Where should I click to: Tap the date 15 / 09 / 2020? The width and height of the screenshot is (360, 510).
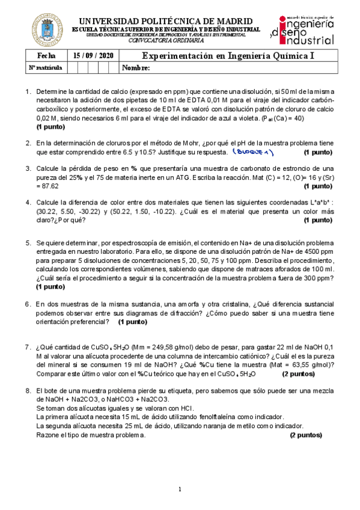tap(93, 56)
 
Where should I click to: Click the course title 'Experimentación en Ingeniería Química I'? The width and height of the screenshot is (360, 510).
tap(228, 56)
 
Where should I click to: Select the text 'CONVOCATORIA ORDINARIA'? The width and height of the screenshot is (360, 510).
tap(166, 41)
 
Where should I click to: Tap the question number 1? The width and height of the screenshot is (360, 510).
tap(28, 92)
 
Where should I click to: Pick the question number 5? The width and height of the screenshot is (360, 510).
tap(28, 243)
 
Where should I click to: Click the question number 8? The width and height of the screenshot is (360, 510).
tap(28, 391)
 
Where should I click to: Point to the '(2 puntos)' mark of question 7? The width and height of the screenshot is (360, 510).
tap(298, 373)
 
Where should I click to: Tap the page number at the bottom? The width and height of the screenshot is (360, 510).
tap(180, 489)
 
